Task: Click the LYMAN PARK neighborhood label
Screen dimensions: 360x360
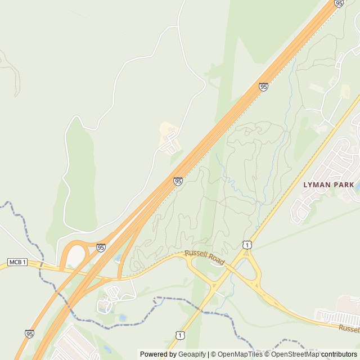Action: click(x=328, y=184)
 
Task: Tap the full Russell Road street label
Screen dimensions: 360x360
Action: click(x=204, y=259)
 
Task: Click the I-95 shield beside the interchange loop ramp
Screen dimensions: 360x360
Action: click(x=101, y=247)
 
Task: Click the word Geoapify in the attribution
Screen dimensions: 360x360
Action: click(x=192, y=354)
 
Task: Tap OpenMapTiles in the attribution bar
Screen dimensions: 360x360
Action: click(x=239, y=354)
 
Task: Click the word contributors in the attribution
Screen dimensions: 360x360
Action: click(x=339, y=354)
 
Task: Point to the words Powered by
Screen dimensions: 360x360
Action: click(x=159, y=354)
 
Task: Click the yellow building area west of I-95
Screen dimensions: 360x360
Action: click(x=167, y=132)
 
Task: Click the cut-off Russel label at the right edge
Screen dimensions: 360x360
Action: click(x=349, y=328)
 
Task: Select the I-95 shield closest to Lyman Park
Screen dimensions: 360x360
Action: click(x=263, y=87)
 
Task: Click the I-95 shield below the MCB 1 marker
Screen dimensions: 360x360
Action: click(x=29, y=334)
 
